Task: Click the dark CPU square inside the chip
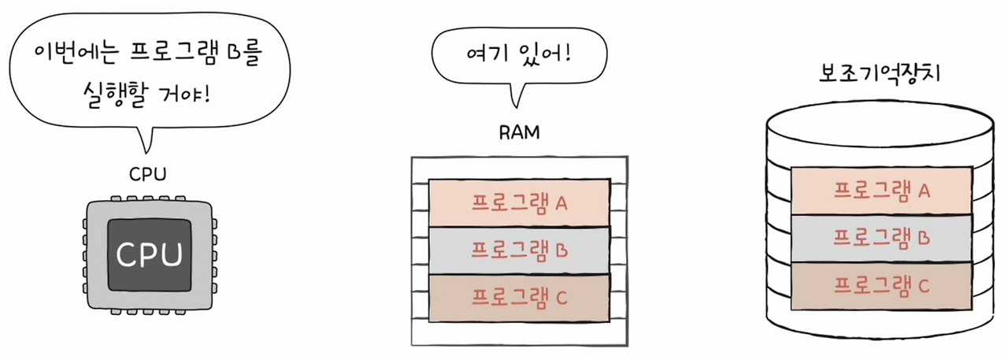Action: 150,254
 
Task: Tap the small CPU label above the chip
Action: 148,173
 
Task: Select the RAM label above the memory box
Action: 520,132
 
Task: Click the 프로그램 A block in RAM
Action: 519,203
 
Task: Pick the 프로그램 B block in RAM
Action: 519,251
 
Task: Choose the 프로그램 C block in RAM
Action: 519,298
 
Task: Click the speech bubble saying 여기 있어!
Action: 520,57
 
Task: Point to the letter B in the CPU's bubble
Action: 233,56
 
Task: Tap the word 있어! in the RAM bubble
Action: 544,57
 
